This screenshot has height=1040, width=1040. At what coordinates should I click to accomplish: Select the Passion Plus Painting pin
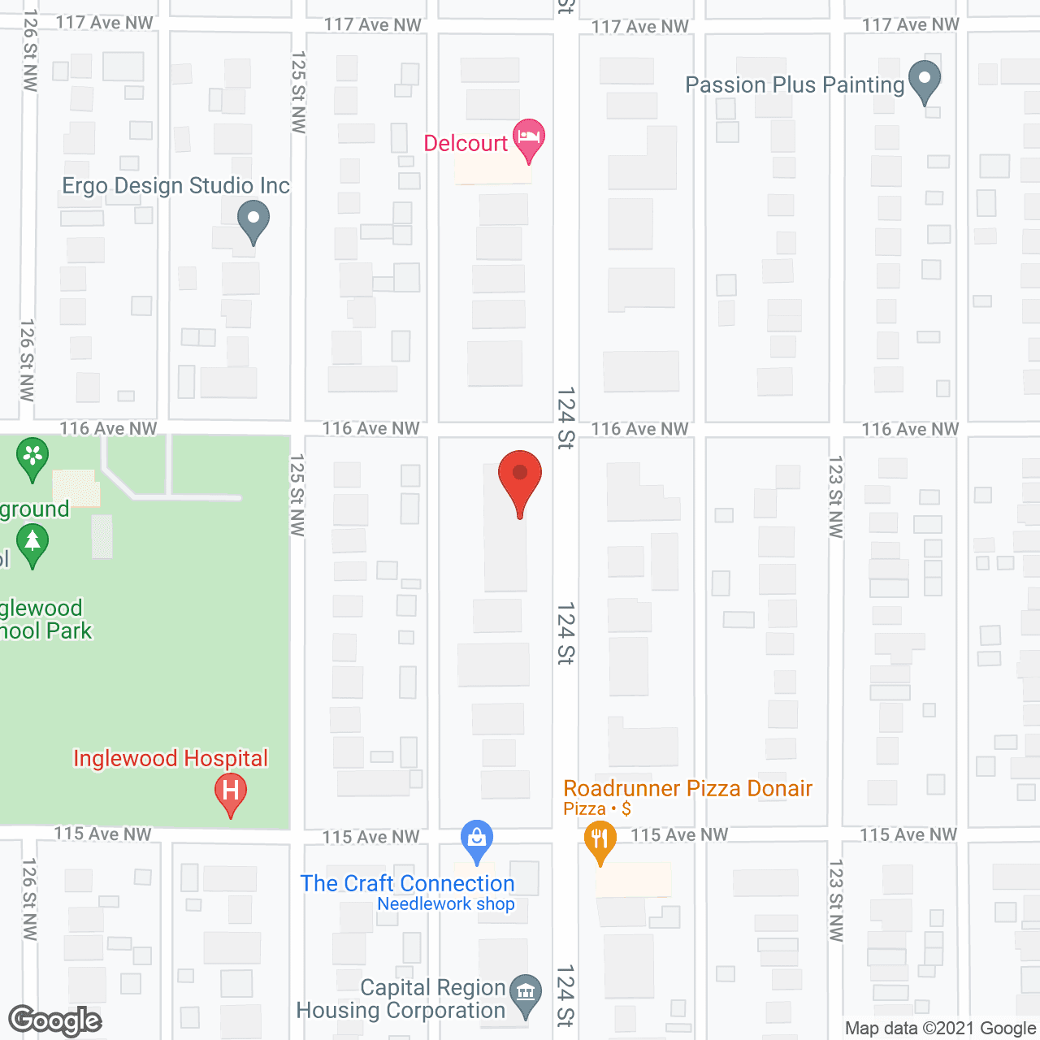[924, 81]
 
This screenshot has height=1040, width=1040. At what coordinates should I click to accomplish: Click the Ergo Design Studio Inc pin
[253, 220]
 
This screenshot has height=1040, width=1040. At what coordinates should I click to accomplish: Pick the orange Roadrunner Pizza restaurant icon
[600, 841]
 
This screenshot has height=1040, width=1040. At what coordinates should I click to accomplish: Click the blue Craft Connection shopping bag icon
[477, 840]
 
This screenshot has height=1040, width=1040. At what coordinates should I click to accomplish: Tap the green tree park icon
[32, 544]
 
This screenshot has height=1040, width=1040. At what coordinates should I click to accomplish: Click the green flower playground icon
[32, 457]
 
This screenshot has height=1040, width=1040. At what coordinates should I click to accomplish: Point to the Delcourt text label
[466, 144]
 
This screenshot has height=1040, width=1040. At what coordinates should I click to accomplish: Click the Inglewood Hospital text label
[171, 758]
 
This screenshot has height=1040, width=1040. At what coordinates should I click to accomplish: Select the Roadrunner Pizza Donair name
[687, 788]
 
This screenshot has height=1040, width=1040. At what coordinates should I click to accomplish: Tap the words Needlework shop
[446, 903]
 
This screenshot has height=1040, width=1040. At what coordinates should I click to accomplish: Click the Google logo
[54, 1020]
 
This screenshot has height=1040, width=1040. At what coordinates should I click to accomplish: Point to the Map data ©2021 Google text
[940, 1029]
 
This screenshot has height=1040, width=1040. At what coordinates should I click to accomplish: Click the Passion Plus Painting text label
[795, 85]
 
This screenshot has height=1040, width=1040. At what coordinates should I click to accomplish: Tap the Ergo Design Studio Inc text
[175, 186]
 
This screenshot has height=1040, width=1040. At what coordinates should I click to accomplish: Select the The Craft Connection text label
[407, 883]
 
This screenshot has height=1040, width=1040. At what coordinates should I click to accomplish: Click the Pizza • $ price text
[597, 808]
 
